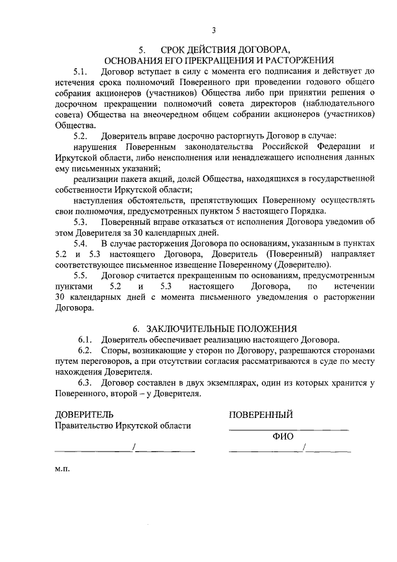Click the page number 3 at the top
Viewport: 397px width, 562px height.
tap(214, 30)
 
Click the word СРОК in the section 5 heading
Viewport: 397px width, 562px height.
tap(173, 49)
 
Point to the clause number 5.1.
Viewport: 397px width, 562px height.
tap(81, 71)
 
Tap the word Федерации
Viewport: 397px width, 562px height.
tap(336, 146)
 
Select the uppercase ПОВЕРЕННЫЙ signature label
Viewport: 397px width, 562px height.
tap(261, 415)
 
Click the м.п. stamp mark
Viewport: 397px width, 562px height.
tap(62, 469)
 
